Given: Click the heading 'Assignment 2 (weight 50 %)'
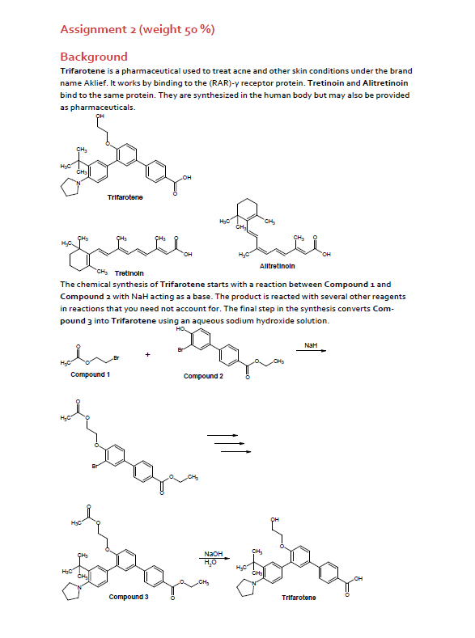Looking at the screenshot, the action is [138, 31].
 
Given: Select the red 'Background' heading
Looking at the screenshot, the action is [94, 57].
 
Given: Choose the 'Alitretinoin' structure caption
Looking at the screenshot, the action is [277, 265].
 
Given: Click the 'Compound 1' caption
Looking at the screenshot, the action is [91, 374].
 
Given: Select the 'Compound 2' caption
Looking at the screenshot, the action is [203, 376].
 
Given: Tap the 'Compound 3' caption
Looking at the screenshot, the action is [129, 597].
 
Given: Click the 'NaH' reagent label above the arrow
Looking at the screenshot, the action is [311, 345].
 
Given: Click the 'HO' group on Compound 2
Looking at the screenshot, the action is [180, 330].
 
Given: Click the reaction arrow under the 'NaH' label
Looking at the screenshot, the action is [316, 353].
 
